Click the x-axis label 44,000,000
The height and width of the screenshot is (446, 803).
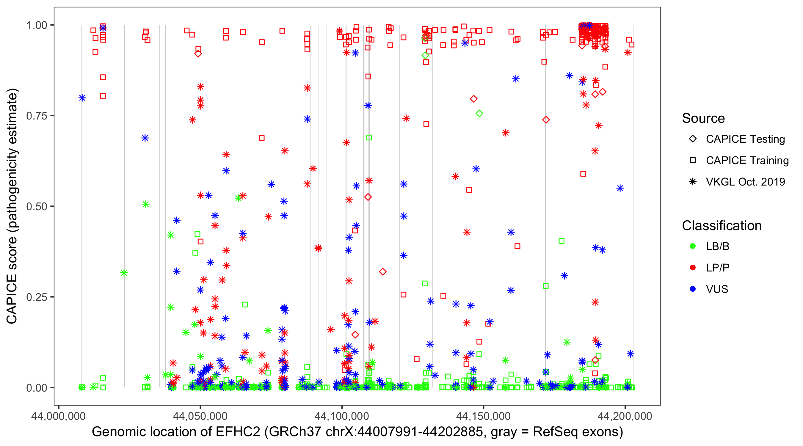[58, 416]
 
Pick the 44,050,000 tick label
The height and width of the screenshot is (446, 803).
[200, 416]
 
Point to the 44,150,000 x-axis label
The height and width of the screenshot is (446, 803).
[484, 416]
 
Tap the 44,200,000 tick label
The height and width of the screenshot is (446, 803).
[625, 416]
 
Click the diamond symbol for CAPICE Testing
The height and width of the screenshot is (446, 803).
[693, 139]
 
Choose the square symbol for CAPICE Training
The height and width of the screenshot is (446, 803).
[693, 160]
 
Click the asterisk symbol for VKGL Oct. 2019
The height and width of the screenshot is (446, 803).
[693, 182]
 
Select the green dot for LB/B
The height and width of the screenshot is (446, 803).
[693, 246]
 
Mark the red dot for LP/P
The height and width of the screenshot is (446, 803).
[693, 268]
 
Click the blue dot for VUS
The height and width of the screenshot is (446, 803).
[693, 289]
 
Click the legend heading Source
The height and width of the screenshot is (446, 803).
[703, 118]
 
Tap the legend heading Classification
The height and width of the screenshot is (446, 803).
[722, 226]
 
